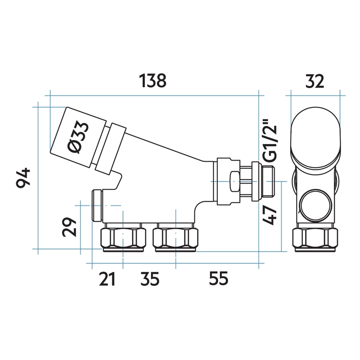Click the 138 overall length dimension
coord(154,81)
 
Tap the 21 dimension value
coord(107,279)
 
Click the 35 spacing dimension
coord(149,279)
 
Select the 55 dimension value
coord(218,279)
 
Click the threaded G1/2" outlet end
coord(268,179)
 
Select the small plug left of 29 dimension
coord(97,205)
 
